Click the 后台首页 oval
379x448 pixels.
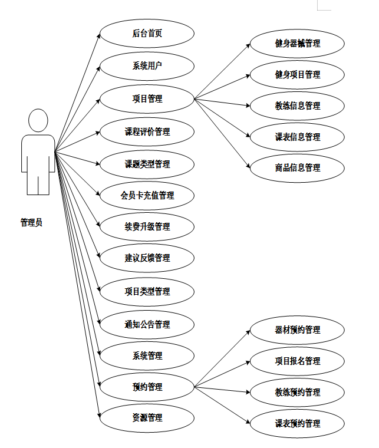[x=147, y=34]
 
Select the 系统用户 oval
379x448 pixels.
[x=147, y=65]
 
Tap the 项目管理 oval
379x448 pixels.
[x=147, y=98]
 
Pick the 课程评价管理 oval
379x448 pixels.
[x=147, y=131]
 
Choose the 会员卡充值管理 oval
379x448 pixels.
[x=147, y=195]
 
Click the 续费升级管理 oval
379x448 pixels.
[x=147, y=226]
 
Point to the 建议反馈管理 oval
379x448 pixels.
[x=147, y=258]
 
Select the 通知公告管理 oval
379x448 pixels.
[x=147, y=324]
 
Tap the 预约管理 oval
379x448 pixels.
[x=147, y=387]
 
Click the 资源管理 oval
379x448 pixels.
[x=147, y=418]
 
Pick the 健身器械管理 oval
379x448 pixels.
[x=298, y=44]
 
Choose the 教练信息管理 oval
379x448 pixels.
[x=298, y=106]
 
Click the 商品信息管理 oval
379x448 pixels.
[x=298, y=168]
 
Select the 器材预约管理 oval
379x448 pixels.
[x=298, y=330]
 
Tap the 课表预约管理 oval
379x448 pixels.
[x=298, y=423]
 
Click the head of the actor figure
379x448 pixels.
[x=38, y=121]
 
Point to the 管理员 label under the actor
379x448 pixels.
[x=32, y=223]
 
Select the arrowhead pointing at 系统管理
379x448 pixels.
[x=98, y=354]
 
